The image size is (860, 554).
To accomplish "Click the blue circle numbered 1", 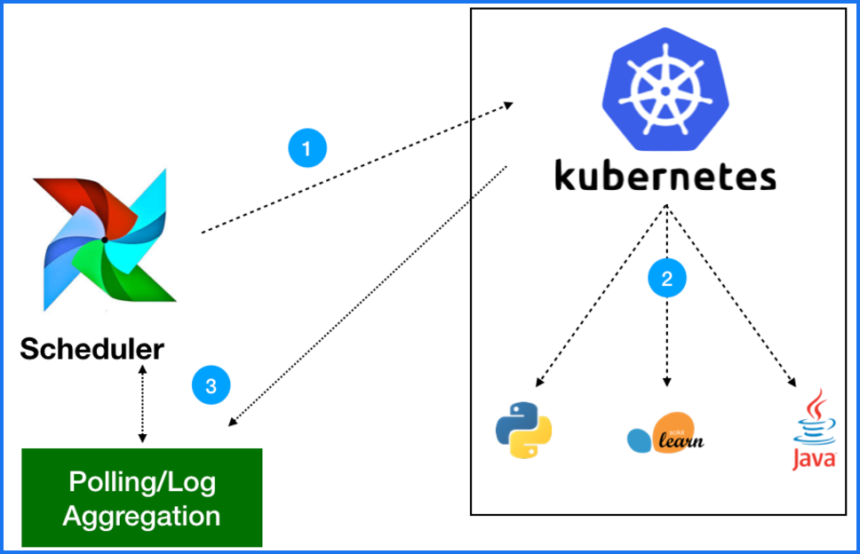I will click(307, 148).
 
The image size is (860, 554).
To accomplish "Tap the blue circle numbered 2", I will click(667, 279).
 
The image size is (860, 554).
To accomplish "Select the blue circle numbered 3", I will click(211, 385).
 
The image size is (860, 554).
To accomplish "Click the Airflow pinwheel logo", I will click(105, 239).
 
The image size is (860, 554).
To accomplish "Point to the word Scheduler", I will click(92, 349).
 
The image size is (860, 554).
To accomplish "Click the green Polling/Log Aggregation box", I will click(142, 497).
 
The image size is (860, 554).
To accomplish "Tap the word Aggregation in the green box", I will click(142, 515).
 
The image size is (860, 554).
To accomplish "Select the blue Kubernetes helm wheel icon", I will click(665, 89).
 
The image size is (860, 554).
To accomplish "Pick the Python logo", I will click(523, 430).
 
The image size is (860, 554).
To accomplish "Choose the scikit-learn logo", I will click(665, 431).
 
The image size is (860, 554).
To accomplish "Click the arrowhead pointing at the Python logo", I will click(537, 384).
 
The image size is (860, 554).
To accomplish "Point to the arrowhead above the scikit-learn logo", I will click(667, 383).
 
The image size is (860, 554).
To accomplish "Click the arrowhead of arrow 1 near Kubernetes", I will click(509, 105).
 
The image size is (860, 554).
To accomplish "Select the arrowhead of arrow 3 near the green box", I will click(233, 425).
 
